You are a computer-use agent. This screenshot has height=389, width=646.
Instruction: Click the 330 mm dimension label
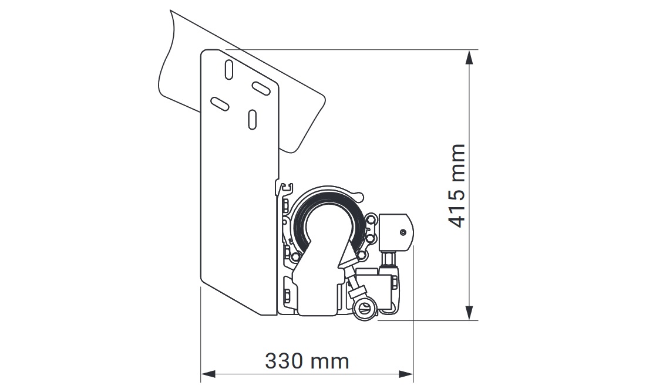coord(307,361)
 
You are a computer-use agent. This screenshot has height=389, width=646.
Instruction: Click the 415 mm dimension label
coord(457,185)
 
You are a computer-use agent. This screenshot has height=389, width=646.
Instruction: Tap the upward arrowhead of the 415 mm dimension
coord(469,57)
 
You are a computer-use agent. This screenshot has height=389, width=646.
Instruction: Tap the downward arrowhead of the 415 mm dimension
coord(469,313)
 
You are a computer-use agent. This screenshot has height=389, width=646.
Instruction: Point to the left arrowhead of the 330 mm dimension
coord(208,374)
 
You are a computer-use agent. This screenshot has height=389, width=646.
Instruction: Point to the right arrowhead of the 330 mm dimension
coord(406,374)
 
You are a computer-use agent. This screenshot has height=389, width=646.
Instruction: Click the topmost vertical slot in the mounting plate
coord(228,70)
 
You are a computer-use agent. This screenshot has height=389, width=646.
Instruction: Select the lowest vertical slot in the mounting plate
coord(252,119)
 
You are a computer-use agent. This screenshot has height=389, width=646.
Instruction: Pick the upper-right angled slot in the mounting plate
coord(261,88)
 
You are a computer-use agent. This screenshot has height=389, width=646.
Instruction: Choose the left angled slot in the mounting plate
coord(220,104)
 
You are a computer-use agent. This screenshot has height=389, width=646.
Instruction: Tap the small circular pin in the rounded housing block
coord(402,232)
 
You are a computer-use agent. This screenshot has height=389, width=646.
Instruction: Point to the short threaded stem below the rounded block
coord(389,260)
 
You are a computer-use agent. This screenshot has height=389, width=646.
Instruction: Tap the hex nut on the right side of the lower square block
coord(393,283)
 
